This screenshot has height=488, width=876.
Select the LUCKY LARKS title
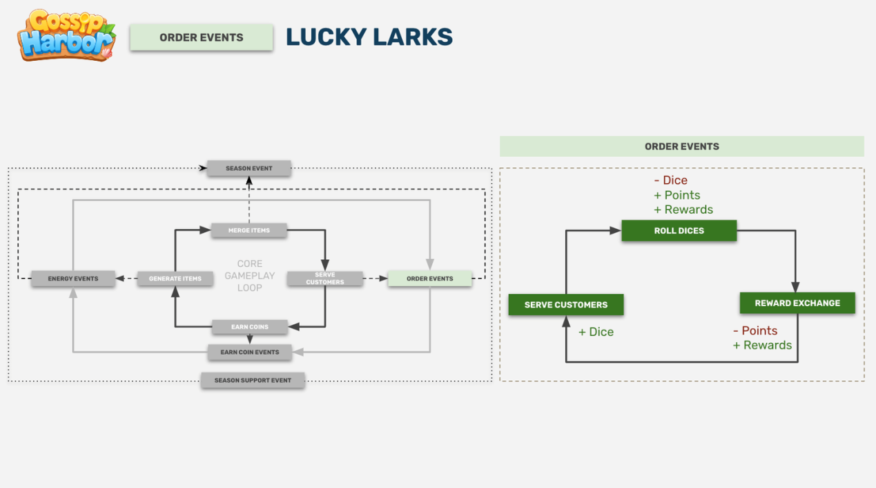[x=369, y=37]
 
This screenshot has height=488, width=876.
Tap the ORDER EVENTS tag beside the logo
[x=201, y=37]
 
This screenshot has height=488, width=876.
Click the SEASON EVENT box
[x=249, y=168]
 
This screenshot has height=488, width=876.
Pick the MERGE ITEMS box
[x=249, y=230]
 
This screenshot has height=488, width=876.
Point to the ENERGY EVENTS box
[x=73, y=279]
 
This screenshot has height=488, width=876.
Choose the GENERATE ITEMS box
[x=175, y=279]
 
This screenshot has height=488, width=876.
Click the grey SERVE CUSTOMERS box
[x=324, y=279]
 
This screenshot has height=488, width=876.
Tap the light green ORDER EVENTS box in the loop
[x=429, y=279]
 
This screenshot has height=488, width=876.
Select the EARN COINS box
[x=249, y=326]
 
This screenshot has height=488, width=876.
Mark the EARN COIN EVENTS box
[x=249, y=352]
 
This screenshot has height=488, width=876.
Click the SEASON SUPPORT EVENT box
[x=253, y=380]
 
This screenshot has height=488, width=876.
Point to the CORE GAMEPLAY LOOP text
[x=249, y=276]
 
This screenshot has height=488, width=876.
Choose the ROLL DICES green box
[x=679, y=231]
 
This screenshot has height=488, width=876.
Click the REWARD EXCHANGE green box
[x=797, y=303]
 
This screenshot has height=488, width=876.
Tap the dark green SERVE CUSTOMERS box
[x=566, y=305]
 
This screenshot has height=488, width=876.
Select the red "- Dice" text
[x=670, y=180]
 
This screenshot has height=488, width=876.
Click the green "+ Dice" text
[x=596, y=332]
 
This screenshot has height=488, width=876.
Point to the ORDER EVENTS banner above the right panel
[x=681, y=147]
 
